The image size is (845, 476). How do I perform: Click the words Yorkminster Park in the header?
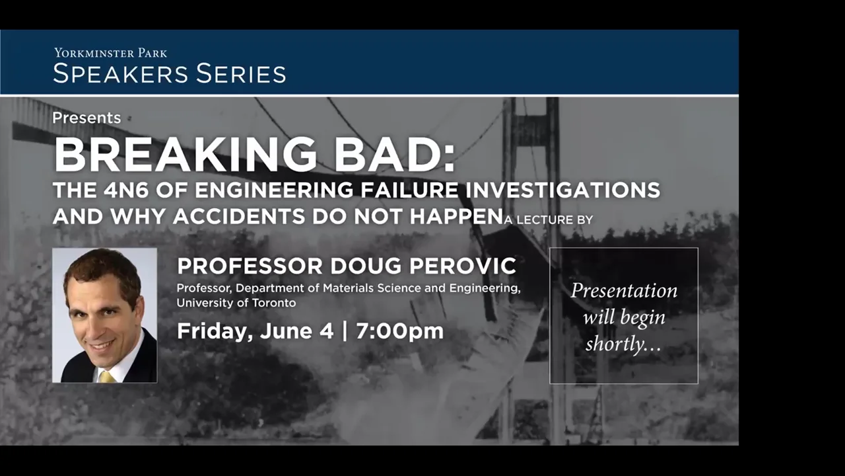pos(110,53)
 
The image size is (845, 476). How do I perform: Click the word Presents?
pos(86,118)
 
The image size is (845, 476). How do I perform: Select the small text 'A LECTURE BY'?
pos(548,219)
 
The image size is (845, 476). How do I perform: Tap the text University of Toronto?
pos(236,303)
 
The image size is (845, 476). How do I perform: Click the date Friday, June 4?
pos(255,331)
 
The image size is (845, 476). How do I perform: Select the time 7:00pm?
pos(399,331)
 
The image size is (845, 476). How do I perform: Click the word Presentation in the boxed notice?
pos(624,291)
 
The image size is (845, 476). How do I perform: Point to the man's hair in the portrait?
pos(99,264)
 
